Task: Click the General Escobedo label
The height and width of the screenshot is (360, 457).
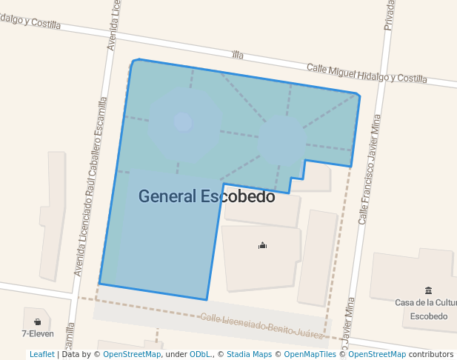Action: pyautogui.click(x=207, y=197)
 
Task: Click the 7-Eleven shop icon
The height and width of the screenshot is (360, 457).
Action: pyautogui.click(x=37, y=321)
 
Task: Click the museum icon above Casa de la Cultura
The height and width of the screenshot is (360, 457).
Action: pyautogui.click(x=428, y=290)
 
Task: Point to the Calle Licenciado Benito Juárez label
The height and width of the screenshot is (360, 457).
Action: pyautogui.click(x=263, y=326)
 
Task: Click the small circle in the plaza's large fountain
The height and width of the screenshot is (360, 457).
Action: pyautogui.click(x=182, y=121)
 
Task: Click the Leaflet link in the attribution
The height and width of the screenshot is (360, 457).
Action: pyautogui.click(x=41, y=355)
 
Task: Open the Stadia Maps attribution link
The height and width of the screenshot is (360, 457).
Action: pyautogui.click(x=249, y=355)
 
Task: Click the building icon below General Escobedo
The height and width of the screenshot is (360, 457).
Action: pyautogui.click(x=261, y=245)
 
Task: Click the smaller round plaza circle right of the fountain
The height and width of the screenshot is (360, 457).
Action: pyautogui.click(x=281, y=137)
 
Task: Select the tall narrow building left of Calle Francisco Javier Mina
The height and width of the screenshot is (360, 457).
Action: pyautogui.click(x=318, y=257)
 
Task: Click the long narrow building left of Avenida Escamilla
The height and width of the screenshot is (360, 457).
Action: pyautogui.click(x=53, y=215)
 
